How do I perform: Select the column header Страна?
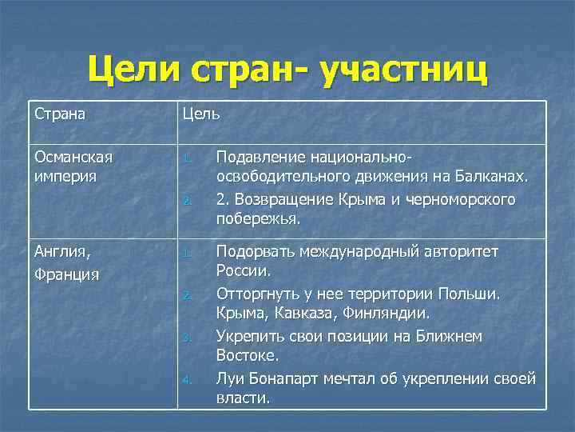pos(60,114)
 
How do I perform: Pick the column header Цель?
pos(201,114)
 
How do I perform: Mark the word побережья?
pos(256,219)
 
